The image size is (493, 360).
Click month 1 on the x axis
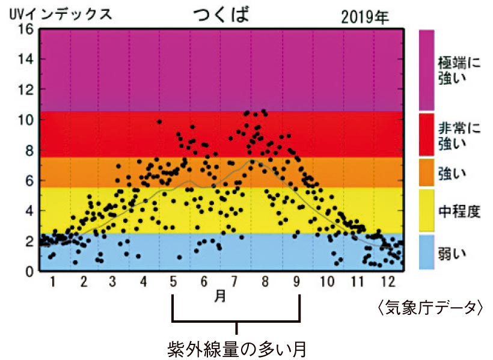coord(52,281)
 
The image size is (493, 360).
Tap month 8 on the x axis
coord(265,281)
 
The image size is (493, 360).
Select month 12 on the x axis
coord(387,281)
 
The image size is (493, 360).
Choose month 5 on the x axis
coord(174,281)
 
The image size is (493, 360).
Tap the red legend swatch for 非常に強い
coord(427,134)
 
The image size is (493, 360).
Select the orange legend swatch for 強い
coord(427,172)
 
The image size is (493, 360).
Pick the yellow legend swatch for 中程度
coord(427,210)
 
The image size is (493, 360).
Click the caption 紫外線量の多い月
coord(237,348)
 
